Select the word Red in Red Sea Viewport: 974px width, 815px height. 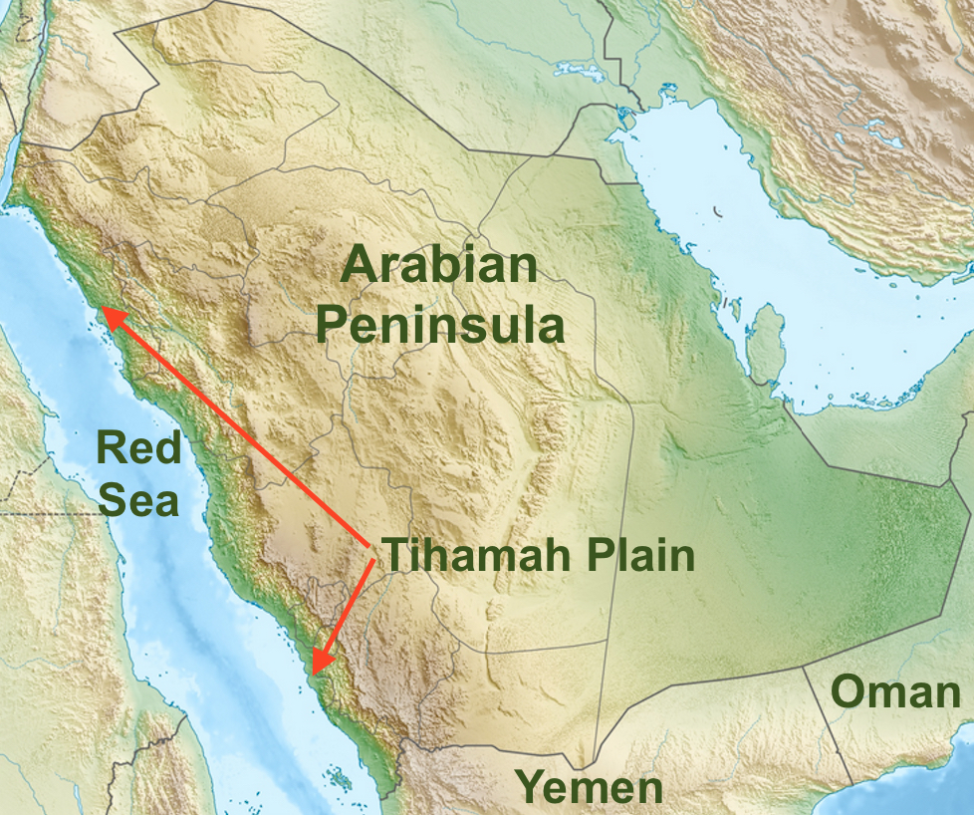[139, 448]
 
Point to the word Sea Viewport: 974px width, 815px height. [139, 500]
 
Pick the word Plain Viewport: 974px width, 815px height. [643, 556]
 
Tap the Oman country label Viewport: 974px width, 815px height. [895, 691]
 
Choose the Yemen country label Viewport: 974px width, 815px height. [589, 787]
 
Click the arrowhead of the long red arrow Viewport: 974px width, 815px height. [112, 318]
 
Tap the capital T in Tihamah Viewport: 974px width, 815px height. [395, 555]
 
